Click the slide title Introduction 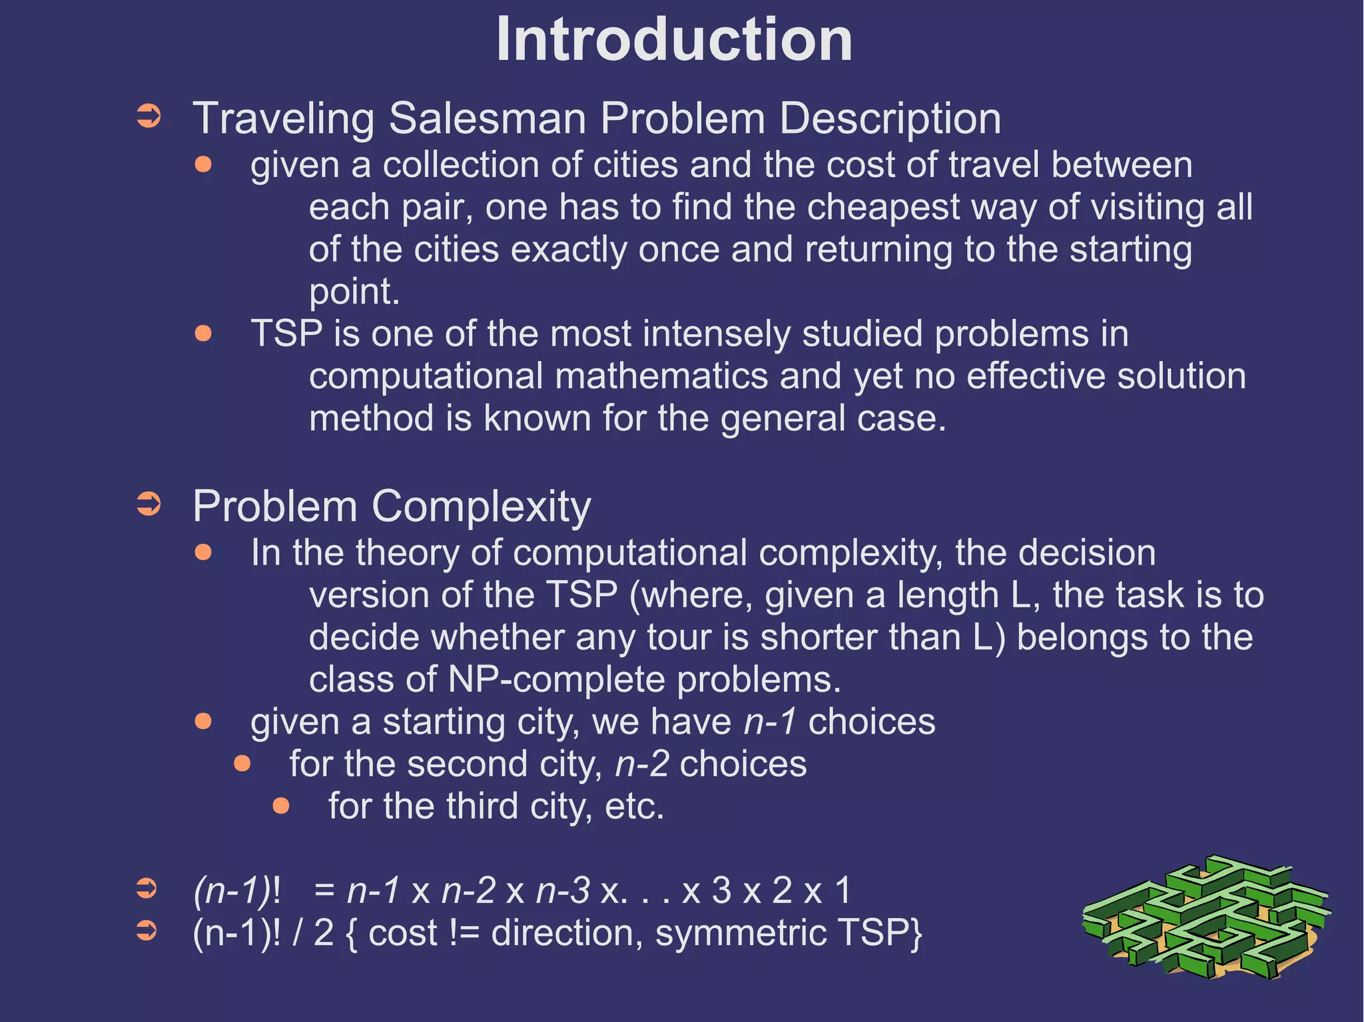click(x=674, y=40)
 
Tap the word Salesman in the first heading click(x=487, y=119)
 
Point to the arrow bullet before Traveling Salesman click(x=149, y=116)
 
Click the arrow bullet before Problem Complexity click(x=149, y=504)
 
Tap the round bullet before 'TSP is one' click(x=203, y=333)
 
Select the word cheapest click(x=883, y=207)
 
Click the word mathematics click(x=661, y=376)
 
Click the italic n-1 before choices click(x=770, y=722)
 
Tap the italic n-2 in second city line click(x=642, y=764)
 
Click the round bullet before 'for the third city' click(x=281, y=806)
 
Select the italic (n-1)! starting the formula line click(x=236, y=890)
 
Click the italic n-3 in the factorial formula click(x=563, y=890)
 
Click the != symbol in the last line click(x=464, y=933)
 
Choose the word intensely click(x=713, y=334)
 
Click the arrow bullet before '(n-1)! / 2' click(x=147, y=930)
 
